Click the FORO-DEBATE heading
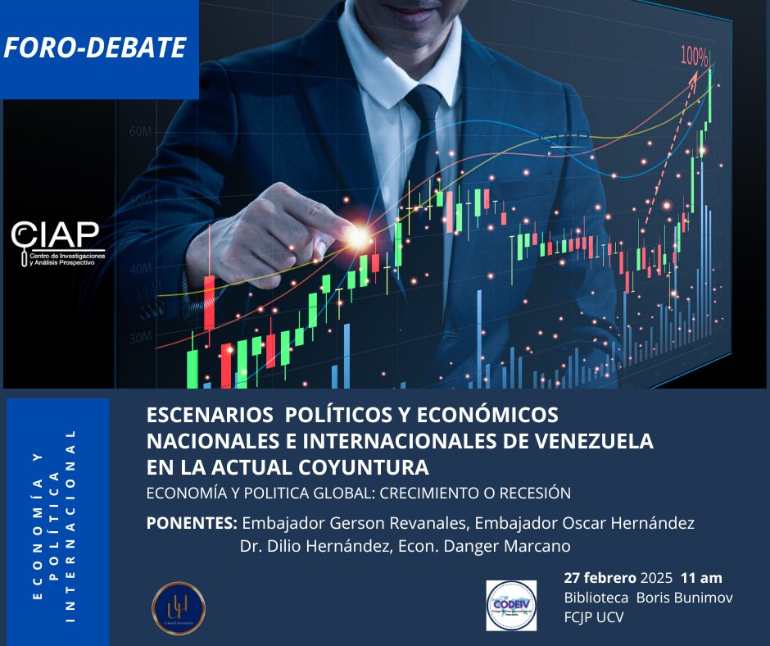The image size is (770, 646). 94,48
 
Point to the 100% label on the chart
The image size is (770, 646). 694,57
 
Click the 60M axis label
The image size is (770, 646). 141,131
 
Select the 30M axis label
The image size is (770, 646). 141,336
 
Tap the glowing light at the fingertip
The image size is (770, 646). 358,237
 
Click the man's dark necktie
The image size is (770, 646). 423,139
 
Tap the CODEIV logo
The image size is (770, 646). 510,606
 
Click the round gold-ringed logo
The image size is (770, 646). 179,607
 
